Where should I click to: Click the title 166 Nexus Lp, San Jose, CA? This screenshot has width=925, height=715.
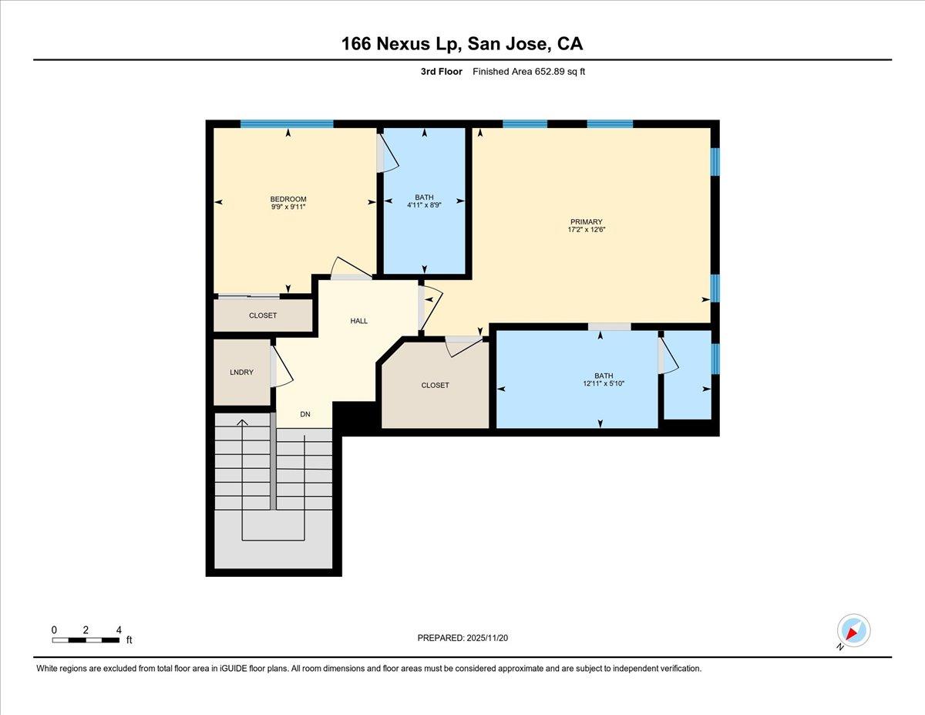click(x=462, y=44)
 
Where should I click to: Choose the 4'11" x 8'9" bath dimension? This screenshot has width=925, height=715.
click(x=424, y=205)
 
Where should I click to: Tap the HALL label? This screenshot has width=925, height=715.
click(x=358, y=321)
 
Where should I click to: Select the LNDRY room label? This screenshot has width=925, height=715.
click(x=241, y=373)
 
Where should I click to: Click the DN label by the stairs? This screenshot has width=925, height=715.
click(x=305, y=415)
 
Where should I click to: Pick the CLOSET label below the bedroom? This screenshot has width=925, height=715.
click(x=262, y=315)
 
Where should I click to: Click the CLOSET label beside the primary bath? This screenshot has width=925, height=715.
click(x=435, y=386)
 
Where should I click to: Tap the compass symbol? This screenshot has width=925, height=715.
click(x=853, y=631)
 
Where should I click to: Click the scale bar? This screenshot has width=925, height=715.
click(x=86, y=639)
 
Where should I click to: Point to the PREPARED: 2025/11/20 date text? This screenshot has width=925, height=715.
click(x=463, y=638)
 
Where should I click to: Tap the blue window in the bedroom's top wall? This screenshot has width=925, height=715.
click(x=286, y=123)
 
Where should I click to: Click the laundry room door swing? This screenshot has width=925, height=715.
click(x=281, y=366)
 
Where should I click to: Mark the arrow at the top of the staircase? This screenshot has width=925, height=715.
click(x=243, y=423)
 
